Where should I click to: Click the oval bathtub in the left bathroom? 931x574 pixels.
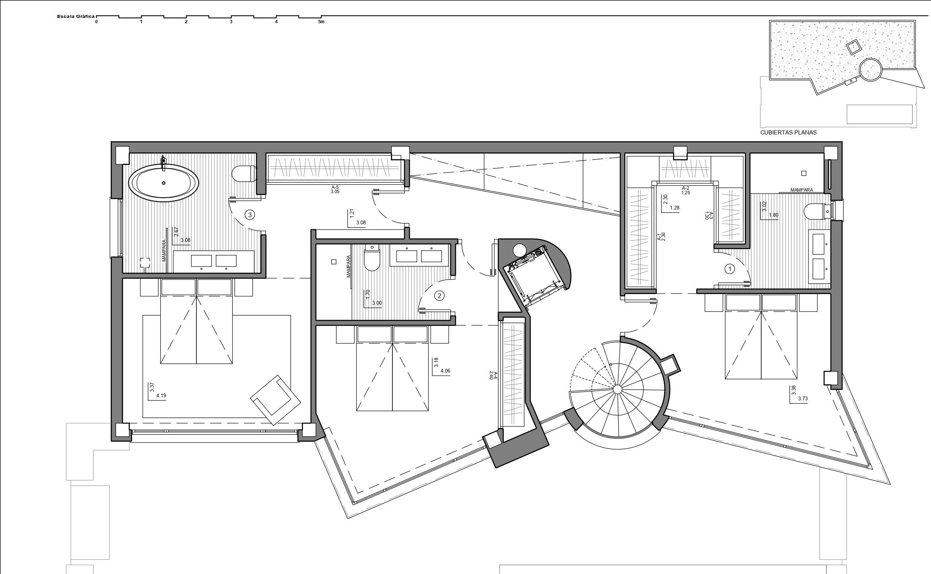click(x=164, y=183)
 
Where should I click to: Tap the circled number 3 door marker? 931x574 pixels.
click(x=250, y=215)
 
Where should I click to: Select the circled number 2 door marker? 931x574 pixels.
click(x=439, y=295)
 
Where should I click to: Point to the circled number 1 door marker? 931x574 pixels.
click(x=730, y=269)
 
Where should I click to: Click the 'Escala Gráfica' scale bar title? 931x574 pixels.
click(x=76, y=16)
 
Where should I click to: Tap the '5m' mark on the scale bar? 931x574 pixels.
click(x=321, y=22)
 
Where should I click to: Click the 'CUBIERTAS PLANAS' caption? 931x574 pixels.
click(x=788, y=133)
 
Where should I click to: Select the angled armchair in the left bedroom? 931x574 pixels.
click(x=276, y=400)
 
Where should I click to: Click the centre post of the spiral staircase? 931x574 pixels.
click(x=617, y=389)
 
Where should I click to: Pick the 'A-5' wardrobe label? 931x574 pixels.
click(x=335, y=187)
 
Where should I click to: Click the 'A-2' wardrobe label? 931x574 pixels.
click(x=685, y=188)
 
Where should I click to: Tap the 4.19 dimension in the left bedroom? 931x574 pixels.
click(x=161, y=395)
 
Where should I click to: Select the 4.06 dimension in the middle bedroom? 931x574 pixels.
click(x=445, y=371)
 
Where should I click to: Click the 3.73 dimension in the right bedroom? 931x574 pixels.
click(x=803, y=399)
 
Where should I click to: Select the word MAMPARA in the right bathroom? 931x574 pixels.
click(x=802, y=190)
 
